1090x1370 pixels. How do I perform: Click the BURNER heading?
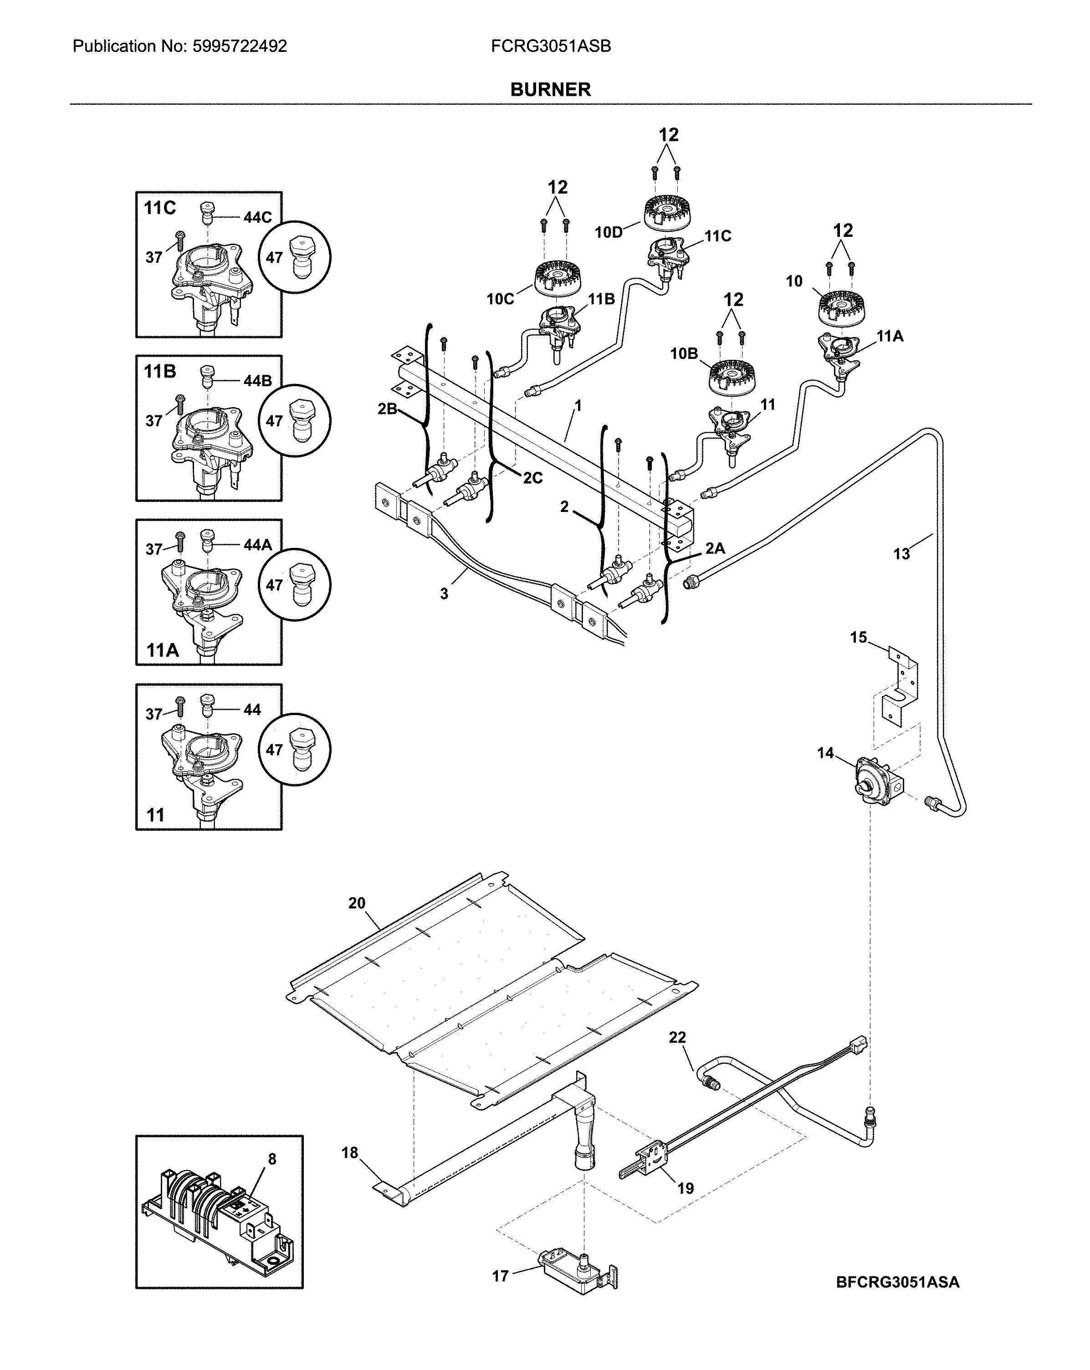[x=550, y=90]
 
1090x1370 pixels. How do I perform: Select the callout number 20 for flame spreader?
[x=357, y=903]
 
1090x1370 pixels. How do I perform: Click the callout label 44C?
[x=257, y=217]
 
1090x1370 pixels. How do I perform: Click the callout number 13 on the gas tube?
[x=901, y=554]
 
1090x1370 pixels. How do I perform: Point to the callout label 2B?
[x=387, y=409]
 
